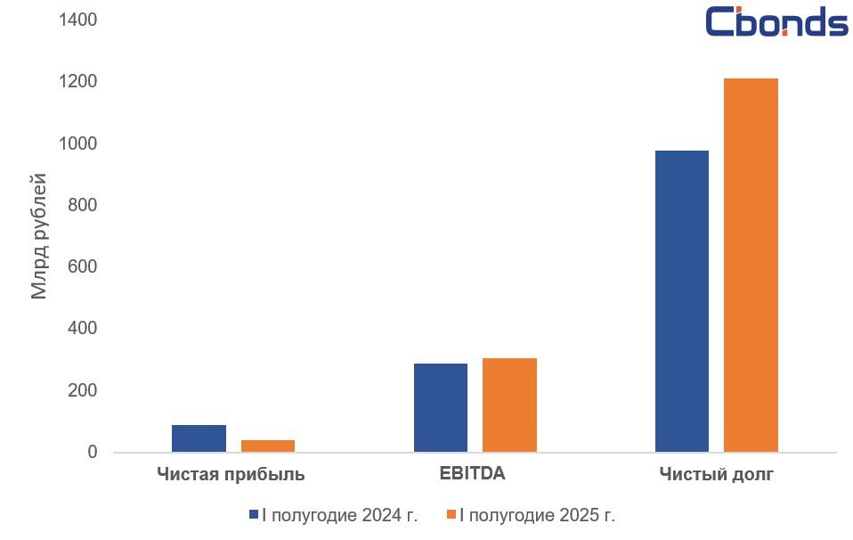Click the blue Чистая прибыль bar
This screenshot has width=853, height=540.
coord(199,438)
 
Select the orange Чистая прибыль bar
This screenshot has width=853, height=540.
coord(267,446)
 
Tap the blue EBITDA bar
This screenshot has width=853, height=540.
coord(441,407)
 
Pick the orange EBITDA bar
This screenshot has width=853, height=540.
coord(509,405)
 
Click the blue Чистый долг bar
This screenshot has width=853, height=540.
coord(682,301)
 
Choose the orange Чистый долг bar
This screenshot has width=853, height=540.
coord(751,266)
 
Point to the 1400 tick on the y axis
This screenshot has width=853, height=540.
coord(77,20)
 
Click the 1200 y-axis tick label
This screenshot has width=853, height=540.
coord(77,82)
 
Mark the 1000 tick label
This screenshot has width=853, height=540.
coord(77,143)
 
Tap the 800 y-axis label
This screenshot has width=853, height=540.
coord(82,206)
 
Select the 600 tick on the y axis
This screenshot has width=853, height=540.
coord(82,267)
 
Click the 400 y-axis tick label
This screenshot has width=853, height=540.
coord(82,329)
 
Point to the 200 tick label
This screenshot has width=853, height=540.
coord(82,391)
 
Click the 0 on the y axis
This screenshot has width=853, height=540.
coord(93,453)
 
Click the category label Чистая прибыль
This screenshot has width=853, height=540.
coord(231,474)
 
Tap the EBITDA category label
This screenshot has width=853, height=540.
coord(472,473)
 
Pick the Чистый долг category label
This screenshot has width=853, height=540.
coord(716,474)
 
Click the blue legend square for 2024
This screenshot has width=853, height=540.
coord(253,515)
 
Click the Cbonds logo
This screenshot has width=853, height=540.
coord(776,22)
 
